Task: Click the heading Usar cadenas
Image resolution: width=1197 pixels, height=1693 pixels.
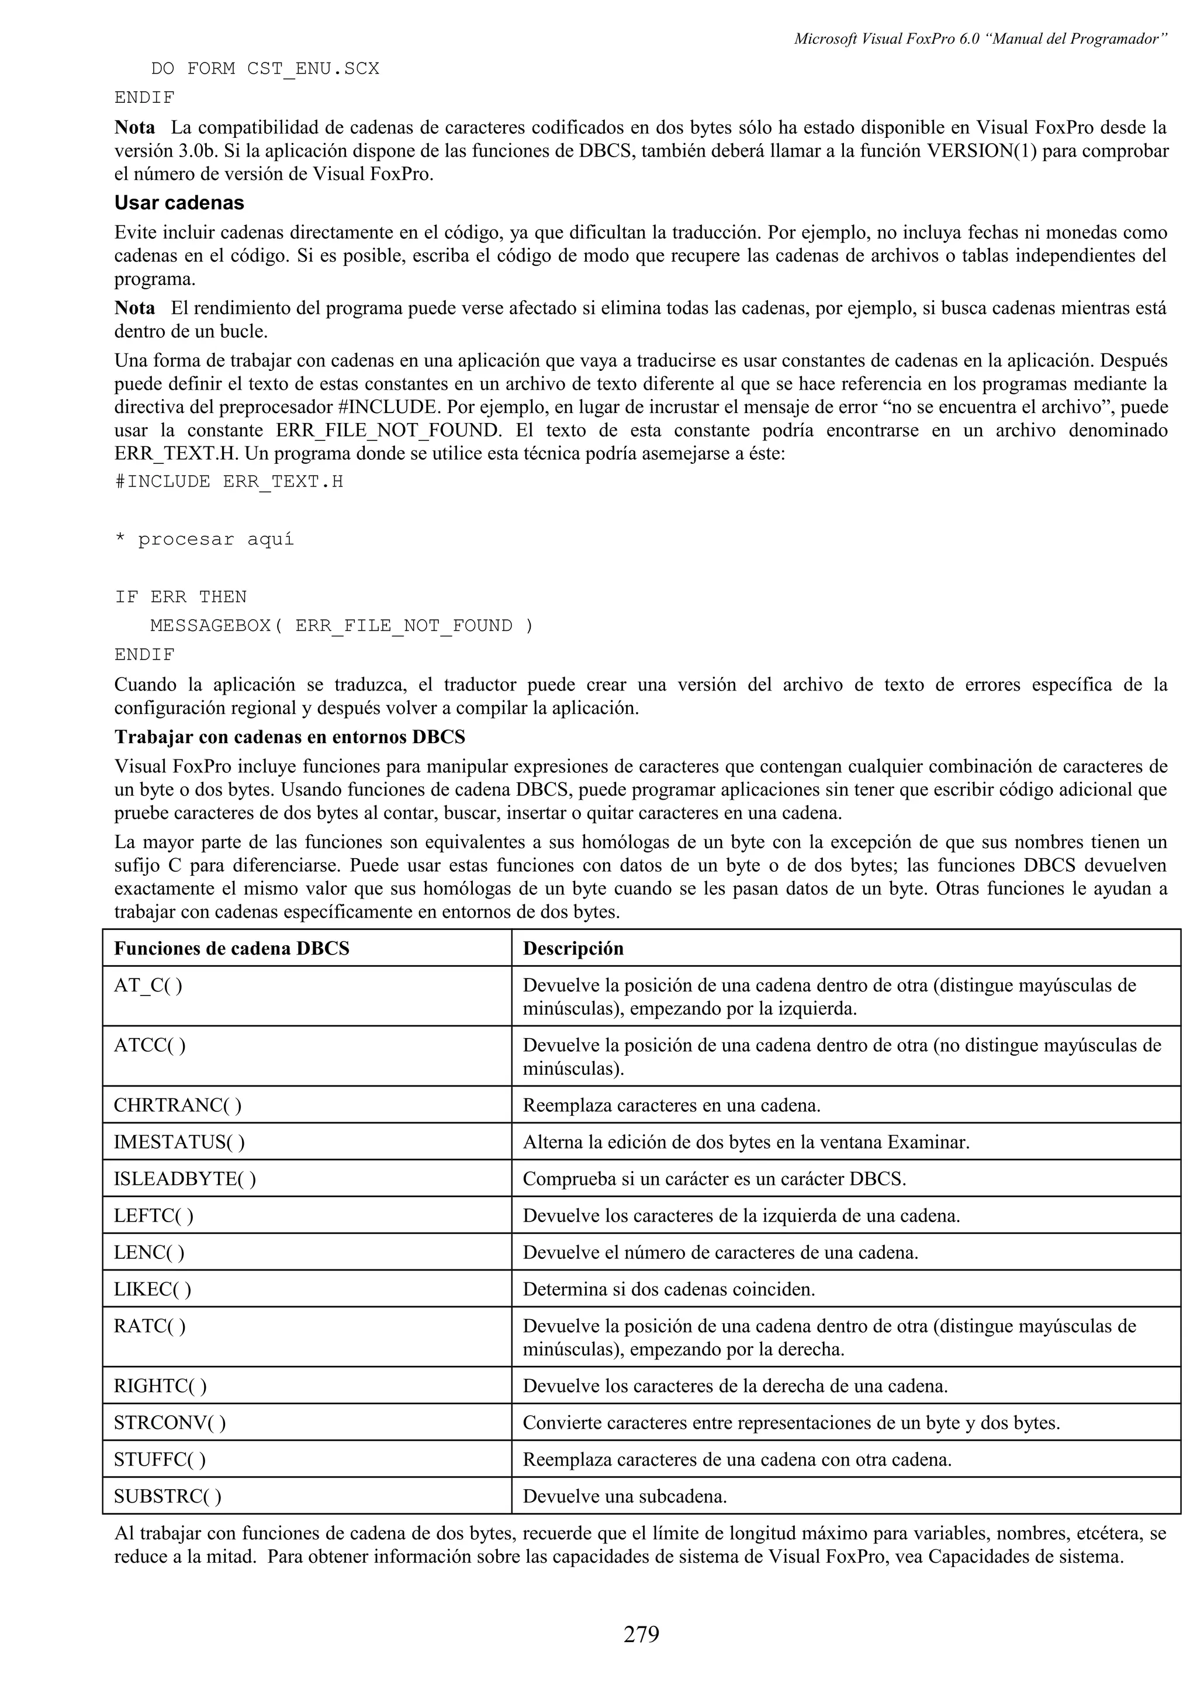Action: pos(179,203)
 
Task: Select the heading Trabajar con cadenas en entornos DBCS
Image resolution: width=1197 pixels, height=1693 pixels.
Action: pos(290,737)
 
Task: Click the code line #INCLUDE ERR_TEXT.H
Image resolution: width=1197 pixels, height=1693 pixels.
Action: pos(229,481)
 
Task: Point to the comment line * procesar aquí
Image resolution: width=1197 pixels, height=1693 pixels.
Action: pos(205,539)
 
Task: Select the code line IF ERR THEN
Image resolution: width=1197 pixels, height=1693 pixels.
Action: pos(181,596)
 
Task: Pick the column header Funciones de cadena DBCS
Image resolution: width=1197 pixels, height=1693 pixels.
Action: pos(231,948)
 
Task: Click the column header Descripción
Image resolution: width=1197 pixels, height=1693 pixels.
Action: pos(573,948)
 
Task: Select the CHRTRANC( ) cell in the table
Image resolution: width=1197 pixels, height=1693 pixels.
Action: pos(178,1105)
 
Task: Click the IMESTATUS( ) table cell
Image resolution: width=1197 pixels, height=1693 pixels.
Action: pos(179,1142)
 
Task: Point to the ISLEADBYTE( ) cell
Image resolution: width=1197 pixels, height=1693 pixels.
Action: pos(185,1179)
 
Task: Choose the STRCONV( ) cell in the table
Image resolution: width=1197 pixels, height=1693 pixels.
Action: pos(169,1423)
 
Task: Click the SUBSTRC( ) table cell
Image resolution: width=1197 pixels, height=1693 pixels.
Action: pos(167,1496)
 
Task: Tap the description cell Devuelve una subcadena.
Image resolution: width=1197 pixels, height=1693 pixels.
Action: pos(625,1496)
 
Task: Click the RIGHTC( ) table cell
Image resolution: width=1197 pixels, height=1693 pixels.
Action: pos(160,1386)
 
